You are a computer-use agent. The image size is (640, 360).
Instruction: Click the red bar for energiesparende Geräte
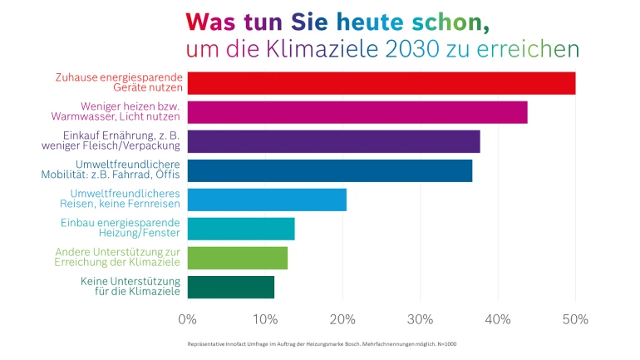[381, 83]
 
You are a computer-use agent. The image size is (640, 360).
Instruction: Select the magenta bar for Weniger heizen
[357, 112]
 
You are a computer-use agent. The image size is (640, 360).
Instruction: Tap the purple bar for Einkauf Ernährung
[333, 141]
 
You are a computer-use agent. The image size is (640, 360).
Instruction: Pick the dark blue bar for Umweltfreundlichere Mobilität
[329, 170]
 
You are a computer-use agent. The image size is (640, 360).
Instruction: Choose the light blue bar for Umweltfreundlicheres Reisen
[267, 200]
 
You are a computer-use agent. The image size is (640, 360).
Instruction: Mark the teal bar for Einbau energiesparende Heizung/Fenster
[241, 229]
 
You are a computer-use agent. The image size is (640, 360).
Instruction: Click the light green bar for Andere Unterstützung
[237, 258]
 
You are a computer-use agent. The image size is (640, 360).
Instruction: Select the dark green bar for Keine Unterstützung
[230, 287]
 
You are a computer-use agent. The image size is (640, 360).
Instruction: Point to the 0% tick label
[188, 319]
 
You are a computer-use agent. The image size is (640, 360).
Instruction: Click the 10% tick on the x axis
[264, 319]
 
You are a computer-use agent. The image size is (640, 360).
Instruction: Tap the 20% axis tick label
[342, 319]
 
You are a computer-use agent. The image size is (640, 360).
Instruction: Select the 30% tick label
[420, 319]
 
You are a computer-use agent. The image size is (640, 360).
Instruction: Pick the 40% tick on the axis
[498, 319]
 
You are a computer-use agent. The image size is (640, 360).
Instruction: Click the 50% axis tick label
[575, 319]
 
